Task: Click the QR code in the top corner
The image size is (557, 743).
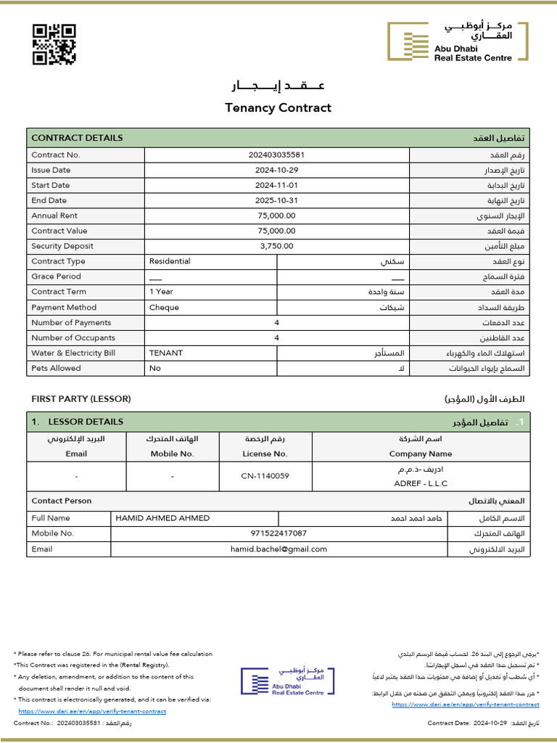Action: pyautogui.click(x=54, y=44)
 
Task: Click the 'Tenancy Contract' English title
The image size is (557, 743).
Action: pyautogui.click(x=278, y=108)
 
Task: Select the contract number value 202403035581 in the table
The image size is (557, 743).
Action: pyautogui.click(x=276, y=155)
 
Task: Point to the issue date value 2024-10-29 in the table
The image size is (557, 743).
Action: pyautogui.click(x=276, y=170)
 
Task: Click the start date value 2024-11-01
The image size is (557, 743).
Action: pyautogui.click(x=276, y=185)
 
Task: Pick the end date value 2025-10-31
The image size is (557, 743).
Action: pyautogui.click(x=276, y=200)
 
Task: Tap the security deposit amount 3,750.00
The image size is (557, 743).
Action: pyautogui.click(x=276, y=246)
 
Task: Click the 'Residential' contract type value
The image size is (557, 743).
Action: pyautogui.click(x=170, y=261)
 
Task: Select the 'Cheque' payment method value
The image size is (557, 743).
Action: pyautogui.click(x=164, y=307)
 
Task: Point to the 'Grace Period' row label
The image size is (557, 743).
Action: pyautogui.click(x=56, y=276)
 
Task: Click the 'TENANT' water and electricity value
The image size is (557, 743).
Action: pyautogui.click(x=166, y=353)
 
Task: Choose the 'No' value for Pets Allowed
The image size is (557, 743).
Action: pyautogui.click(x=154, y=368)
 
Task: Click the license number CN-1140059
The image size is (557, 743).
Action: pyautogui.click(x=265, y=476)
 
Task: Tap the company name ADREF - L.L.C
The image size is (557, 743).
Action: pyautogui.click(x=421, y=483)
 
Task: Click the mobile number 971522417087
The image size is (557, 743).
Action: pyautogui.click(x=278, y=533)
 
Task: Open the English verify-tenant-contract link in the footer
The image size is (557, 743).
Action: pyautogui.click(x=92, y=711)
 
